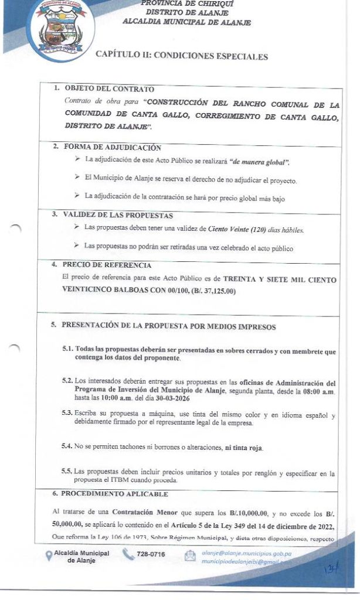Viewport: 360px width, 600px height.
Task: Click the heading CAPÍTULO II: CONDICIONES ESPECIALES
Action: point(185,57)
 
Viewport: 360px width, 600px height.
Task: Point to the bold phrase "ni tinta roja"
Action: point(244,448)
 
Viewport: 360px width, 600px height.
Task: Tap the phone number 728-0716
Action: point(151,554)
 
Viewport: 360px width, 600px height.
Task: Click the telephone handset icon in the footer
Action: point(128,554)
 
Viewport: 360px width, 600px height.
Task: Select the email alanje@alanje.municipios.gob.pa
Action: point(246,553)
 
